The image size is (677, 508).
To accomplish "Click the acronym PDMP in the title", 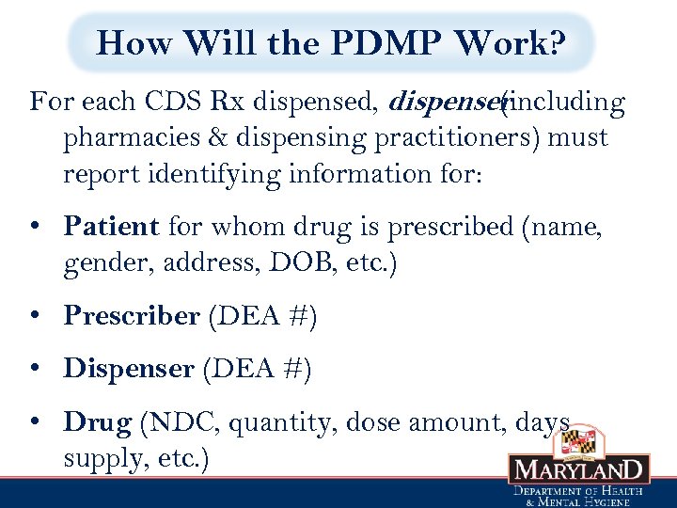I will coord(393,42).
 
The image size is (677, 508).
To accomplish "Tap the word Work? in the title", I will coord(512,42).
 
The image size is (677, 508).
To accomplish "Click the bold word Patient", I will coord(111,227).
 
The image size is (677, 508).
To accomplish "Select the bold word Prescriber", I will coord(131,316).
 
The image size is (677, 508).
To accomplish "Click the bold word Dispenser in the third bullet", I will coord(128,369).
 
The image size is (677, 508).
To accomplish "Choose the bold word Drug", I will coord(97,422).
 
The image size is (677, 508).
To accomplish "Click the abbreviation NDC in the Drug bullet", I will coord(181,422).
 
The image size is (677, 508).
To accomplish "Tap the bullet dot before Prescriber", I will coord(34,317).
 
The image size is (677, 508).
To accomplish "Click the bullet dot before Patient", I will coord(34,228).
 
